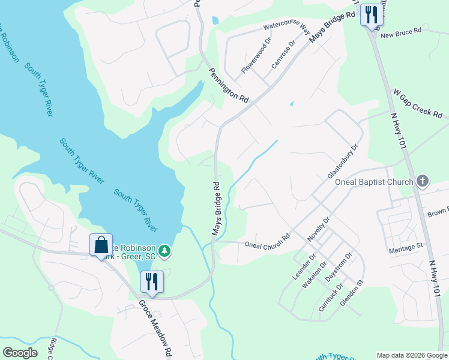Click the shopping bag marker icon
pyautogui.click(x=101, y=245)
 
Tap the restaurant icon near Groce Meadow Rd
pyautogui.click(x=152, y=282)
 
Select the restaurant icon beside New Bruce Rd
pyautogui.click(x=371, y=14)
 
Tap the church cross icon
pyautogui.click(x=423, y=181)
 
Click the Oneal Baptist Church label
pyautogui.click(x=374, y=182)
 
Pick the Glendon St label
pyautogui.click(x=352, y=293)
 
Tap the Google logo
pyautogui.click(x=20, y=352)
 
